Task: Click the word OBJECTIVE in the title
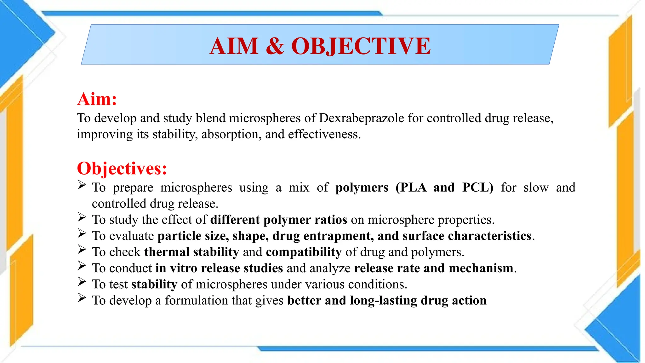[x=361, y=46]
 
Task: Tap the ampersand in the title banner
[x=275, y=46]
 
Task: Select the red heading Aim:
[x=97, y=99]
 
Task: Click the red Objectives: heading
[x=122, y=168]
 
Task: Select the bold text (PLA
[x=411, y=187]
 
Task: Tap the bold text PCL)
[x=478, y=187]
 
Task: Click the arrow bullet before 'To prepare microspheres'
[x=82, y=185]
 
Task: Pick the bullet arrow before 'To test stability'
[x=82, y=282]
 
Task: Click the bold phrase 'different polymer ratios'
[x=279, y=220]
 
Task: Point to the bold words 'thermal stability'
[x=191, y=252]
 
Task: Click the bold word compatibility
[x=304, y=252]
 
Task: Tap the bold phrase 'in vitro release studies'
[x=219, y=268]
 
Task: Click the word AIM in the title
[x=234, y=46]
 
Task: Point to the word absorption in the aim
[x=231, y=135]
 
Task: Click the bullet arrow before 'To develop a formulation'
[x=82, y=298]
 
